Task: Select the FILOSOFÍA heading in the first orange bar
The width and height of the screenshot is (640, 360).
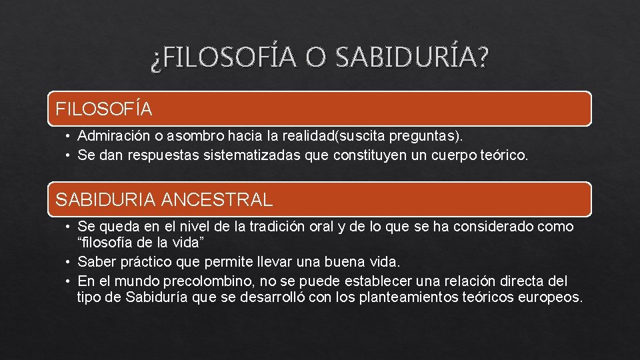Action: [x=104, y=108]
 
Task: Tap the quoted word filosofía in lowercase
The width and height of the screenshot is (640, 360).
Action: [x=106, y=241]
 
